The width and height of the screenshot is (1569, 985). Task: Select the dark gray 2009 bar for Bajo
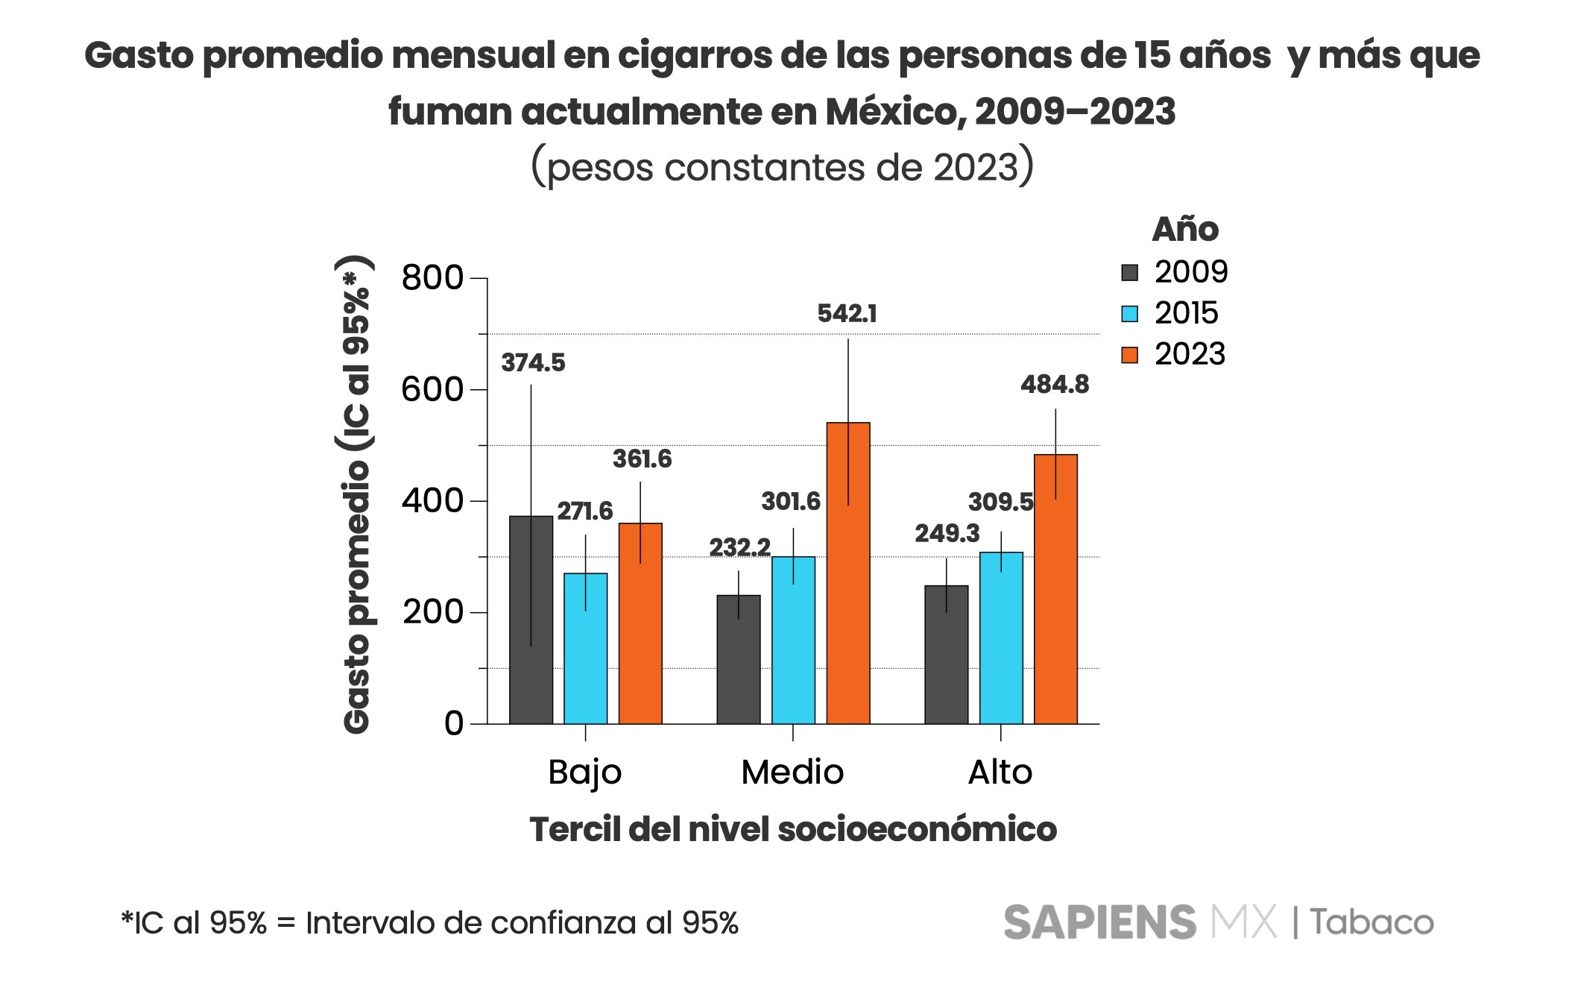pyautogui.click(x=531, y=620)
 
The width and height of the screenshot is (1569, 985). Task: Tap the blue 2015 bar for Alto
pyautogui.click(x=1001, y=638)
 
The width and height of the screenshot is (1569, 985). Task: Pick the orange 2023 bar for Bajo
pyautogui.click(x=640, y=623)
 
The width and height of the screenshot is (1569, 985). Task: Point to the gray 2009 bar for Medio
pyautogui.click(x=739, y=659)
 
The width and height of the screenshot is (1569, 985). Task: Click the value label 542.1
pyautogui.click(x=847, y=314)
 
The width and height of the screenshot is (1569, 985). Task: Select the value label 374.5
pyautogui.click(x=533, y=363)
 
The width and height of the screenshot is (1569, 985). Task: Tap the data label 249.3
pyautogui.click(x=947, y=534)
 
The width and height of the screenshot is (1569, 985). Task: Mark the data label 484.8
pyautogui.click(x=1055, y=385)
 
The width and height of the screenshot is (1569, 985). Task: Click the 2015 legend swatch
pyautogui.click(x=1130, y=313)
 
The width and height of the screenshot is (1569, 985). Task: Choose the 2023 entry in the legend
pyautogui.click(x=1190, y=354)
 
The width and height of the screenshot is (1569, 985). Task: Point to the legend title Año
pyautogui.click(x=1185, y=230)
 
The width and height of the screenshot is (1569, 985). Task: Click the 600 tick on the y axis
pyautogui.click(x=432, y=389)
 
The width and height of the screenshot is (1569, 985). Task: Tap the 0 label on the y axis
pyautogui.click(x=454, y=723)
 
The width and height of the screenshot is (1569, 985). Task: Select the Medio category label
pyautogui.click(x=792, y=772)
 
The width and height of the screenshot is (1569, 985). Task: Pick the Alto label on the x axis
pyautogui.click(x=1000, y=772)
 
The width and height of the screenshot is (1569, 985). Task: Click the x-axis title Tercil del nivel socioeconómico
pyautogui.click(x=793, y=829)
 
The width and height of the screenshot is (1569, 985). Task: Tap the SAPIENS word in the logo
pyautogui.click(x=1099, y=922)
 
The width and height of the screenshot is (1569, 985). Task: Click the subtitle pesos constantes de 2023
pyautogui.click(x=783, y=167)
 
